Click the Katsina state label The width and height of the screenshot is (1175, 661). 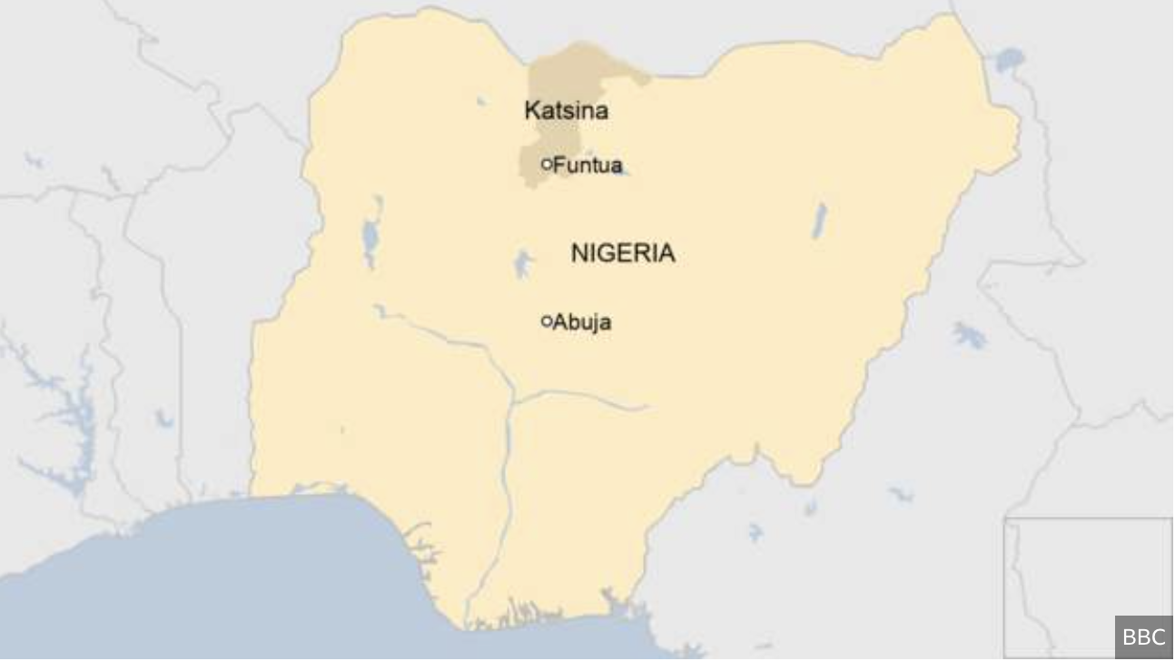coord(566,111)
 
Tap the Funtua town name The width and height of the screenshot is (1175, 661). coord(587,165)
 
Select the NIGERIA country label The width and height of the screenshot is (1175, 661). coord(623,253)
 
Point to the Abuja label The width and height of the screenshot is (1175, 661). coord(582,321)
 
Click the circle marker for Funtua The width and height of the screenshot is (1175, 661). coord(547,164)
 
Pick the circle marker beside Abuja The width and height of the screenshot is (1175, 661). coord(547,321)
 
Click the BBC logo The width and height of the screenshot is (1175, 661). coord(1143,637)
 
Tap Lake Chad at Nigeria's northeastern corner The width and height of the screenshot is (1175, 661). coord(1009,61)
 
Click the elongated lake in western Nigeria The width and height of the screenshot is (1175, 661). coord(370,238)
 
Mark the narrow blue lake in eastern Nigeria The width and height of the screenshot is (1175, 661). coord(820,221)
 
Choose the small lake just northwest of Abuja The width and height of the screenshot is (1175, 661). coord(523,263)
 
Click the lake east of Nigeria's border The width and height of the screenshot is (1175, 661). coord(969,335)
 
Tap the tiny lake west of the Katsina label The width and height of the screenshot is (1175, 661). coord(480,102)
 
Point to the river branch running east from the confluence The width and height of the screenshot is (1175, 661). coord(590,397)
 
